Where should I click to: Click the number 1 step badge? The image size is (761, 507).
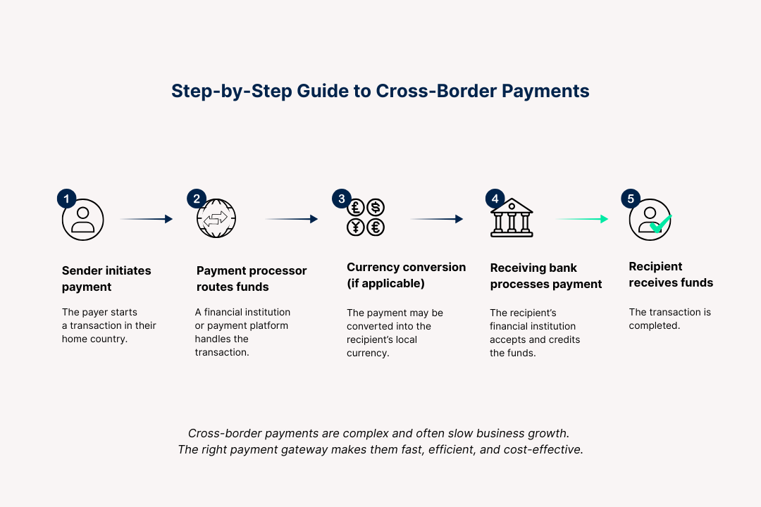pos(66,199)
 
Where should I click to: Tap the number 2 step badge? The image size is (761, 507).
pos(196,199)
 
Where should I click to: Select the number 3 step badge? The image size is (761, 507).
pos(342,199)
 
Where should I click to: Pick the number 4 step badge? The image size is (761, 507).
pos(495,199)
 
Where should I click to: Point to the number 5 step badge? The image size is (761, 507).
pos(630,199)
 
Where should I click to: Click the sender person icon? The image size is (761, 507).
pos(83,220)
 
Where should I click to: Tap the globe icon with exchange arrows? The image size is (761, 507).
pos(216,219)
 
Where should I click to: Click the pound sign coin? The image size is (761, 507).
pos(357,207)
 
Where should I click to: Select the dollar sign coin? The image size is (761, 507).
pos(376,207)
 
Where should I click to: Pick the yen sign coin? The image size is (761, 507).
pos(357,227)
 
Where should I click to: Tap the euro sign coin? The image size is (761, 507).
pos(376,227)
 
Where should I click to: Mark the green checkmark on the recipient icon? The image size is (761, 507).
pos(660,225)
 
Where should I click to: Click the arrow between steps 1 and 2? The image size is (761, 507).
pos(147,219)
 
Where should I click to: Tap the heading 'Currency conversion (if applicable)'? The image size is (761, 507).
pos(406,275)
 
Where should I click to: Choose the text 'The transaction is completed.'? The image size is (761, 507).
pos(660,319)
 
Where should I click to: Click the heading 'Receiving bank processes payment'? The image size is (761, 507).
pos(546,276)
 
